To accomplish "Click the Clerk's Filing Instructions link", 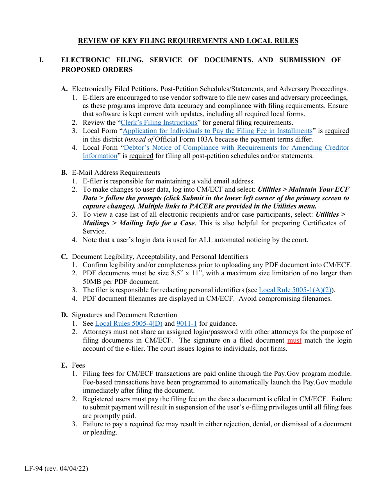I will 159,122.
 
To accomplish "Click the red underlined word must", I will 294,340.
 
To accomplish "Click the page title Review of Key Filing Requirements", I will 188,41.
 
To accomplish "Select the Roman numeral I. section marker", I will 42,60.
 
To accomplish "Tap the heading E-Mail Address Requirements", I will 116,172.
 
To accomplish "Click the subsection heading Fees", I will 78,365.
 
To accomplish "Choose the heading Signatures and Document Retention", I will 124,315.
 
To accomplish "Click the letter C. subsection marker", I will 64,257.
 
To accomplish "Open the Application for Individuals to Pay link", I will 218,131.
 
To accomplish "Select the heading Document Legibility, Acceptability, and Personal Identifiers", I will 160,257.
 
